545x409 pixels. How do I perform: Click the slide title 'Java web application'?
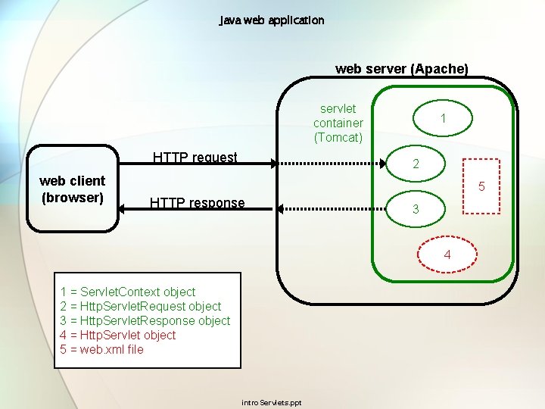pos(272,20)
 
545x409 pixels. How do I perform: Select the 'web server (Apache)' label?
pos(401,69)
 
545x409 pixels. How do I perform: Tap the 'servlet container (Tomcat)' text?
pos(338,123)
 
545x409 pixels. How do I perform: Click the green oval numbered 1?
pos(443,117)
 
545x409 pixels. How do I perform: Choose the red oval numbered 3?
pos(415,210)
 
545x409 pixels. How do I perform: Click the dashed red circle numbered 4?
pos(447,254)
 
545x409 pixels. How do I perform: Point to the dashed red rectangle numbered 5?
pos(480,186)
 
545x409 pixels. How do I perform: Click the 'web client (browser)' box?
pos(73,189)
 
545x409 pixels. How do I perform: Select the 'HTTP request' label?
pos(195,158)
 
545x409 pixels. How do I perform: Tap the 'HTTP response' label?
pos(197,203)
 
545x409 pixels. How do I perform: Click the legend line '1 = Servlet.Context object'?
pos(127,292)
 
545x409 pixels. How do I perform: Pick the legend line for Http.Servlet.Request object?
pos(140,306)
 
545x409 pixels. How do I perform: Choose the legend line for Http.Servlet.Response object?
pos(145,320)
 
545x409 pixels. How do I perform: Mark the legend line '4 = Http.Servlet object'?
pos(117,335)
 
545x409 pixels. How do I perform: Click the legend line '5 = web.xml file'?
pos(101,349)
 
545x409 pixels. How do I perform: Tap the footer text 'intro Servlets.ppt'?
pos(271,402)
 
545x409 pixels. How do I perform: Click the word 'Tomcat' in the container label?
pos(338,137)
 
